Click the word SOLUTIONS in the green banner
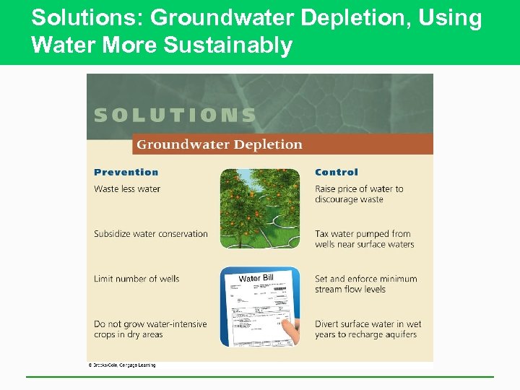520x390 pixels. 175,116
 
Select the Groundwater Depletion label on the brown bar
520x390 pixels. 220,144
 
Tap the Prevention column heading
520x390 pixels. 126,173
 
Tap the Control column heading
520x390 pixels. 336,173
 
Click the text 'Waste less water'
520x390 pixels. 127,189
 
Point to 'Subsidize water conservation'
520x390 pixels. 150,234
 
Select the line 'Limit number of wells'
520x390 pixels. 136,279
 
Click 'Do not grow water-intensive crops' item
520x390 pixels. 149,329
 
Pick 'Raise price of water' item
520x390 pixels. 359,194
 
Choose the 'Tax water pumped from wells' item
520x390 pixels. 364,239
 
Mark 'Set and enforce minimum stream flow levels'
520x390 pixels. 365,284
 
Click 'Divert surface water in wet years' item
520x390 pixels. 368,329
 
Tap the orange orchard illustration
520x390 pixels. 259,208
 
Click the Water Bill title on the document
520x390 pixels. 256,278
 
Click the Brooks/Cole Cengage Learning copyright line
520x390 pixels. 122,365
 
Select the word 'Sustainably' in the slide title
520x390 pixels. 228,45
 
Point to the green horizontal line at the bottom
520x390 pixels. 260,376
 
